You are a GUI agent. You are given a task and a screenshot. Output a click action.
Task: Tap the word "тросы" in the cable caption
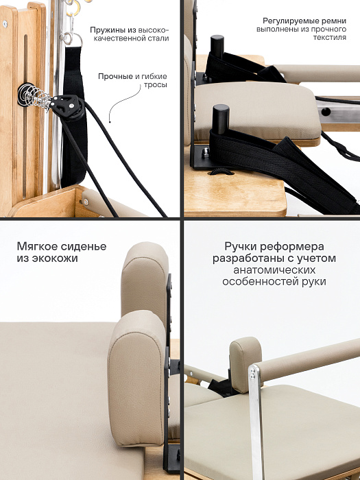(155, 85)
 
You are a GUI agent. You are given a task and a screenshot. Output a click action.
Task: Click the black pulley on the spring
(66, 105)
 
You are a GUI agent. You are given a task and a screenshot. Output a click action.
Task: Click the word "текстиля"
(330, 37)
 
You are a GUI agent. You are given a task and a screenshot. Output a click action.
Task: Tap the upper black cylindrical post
(217, 47)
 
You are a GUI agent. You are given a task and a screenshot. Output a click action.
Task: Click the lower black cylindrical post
(221, 119)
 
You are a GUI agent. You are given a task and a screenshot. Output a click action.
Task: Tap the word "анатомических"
(274, 270)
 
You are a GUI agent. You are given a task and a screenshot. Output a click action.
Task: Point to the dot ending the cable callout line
(110, 122)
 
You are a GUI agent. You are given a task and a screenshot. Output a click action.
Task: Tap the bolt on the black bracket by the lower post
(206, 152)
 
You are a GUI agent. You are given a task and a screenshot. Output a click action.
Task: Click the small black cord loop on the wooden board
(221, 171)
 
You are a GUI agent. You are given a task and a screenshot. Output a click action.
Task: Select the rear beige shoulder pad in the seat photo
(145, 280)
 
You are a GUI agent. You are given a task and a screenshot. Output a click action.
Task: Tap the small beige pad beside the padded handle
(245, 364)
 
